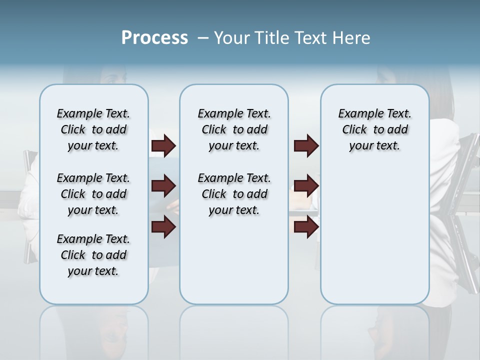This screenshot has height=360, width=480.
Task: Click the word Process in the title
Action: tap(154, 38)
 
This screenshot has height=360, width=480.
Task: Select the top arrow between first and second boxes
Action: tap(163, 146)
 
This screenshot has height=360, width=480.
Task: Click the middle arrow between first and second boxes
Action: tap(163, 186)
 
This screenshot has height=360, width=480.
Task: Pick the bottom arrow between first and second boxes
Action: tap(163, 227)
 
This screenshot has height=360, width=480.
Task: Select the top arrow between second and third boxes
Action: tap(306, 146)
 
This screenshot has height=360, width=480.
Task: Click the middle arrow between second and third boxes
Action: tap(306, 186)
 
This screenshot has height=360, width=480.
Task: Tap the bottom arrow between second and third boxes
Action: tap(306, 227)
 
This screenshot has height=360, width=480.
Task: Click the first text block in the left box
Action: tap(93, 129)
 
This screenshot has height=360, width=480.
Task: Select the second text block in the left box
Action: tap(93, 194)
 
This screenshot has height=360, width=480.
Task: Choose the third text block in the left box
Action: tap(93, 255)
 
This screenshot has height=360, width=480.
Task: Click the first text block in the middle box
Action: tap(234, 129)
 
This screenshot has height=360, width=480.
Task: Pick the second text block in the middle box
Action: tap(234, 194)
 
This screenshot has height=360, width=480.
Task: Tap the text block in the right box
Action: tap(374, 129)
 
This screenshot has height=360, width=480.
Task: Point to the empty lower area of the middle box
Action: tap(234, 260)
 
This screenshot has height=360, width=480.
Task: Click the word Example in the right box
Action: tap(356, 114)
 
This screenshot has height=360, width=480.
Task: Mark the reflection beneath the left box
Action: tap(94, 330)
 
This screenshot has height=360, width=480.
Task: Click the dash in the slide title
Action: tap(203, 38)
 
